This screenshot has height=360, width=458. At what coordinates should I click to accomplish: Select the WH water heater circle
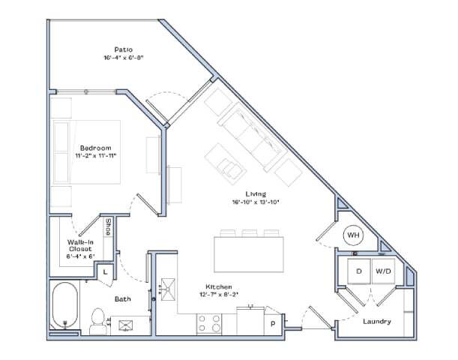tap(353, 235)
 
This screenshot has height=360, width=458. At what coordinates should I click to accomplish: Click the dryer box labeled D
tap(359, 271)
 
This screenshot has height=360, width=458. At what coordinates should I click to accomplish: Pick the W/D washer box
tap(383, 271)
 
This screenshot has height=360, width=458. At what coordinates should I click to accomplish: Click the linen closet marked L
tap(104, 272)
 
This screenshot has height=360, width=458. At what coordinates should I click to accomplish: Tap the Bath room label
tap(123, 300)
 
